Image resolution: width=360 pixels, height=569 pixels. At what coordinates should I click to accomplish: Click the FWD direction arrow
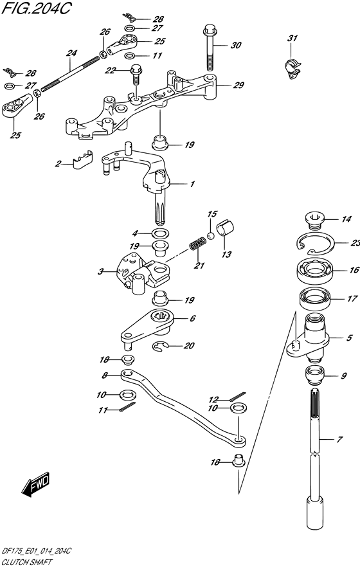35,485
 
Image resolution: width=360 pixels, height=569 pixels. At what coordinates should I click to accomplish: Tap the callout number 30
236,45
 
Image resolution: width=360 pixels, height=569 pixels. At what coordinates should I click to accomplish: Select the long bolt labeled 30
210,48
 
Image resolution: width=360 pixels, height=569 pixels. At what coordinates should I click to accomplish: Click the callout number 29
239,86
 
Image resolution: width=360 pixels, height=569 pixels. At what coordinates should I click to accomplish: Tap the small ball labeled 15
211,236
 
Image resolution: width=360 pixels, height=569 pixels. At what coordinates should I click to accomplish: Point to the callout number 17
352,299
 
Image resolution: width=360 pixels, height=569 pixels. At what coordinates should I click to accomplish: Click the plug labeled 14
314,221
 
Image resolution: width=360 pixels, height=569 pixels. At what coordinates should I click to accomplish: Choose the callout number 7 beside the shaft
339,440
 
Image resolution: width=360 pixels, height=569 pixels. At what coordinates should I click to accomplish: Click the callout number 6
192,318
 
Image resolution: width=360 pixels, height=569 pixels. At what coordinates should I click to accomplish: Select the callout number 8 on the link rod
105,375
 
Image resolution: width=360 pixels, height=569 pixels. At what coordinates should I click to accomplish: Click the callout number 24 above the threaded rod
71,53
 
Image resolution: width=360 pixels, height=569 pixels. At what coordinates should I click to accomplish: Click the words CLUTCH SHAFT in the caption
27,562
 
